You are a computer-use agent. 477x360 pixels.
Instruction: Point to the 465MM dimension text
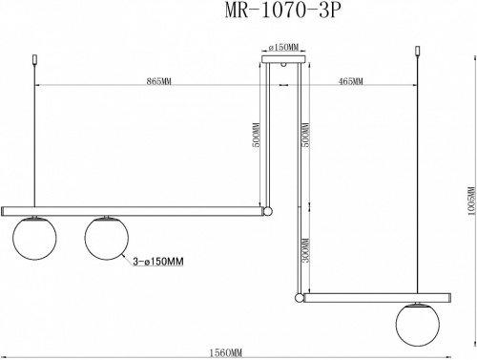coord(351,82)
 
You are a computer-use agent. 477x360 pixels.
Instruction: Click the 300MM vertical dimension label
coord(302,252)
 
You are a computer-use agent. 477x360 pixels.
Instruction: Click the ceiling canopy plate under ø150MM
coord(284,60)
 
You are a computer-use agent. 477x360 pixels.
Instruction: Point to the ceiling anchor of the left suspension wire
coord(36,62)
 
